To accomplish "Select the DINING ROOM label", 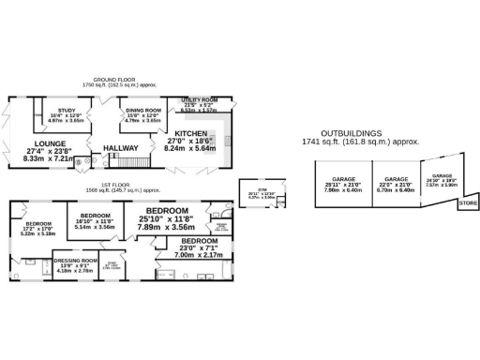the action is tap(143, 110).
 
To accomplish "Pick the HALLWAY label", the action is tap(121, 147).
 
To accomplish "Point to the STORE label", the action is tap(468, 202).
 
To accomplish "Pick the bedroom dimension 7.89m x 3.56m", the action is tap(165, 226).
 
